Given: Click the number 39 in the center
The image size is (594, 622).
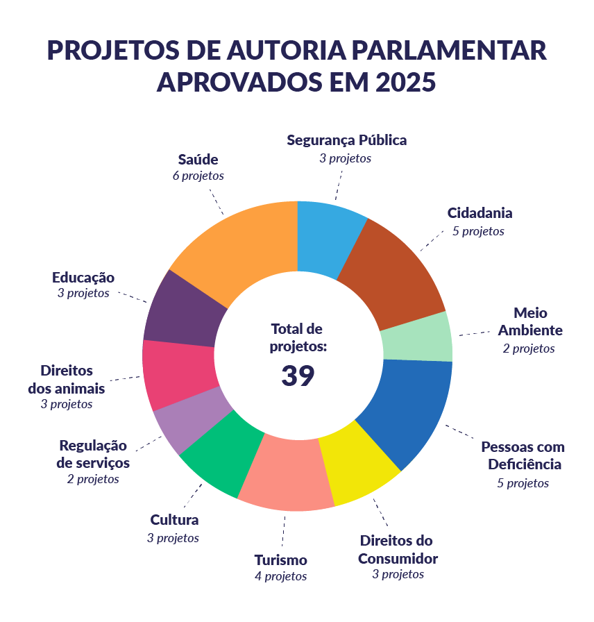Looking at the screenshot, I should pos(298,376).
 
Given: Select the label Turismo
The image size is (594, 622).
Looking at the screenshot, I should pos(280,560).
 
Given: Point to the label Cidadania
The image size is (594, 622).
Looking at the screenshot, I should pos(480,213).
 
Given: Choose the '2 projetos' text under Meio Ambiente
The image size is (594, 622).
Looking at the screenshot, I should pos(529,348).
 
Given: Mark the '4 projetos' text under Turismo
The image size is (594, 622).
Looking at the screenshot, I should pos(280,576).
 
